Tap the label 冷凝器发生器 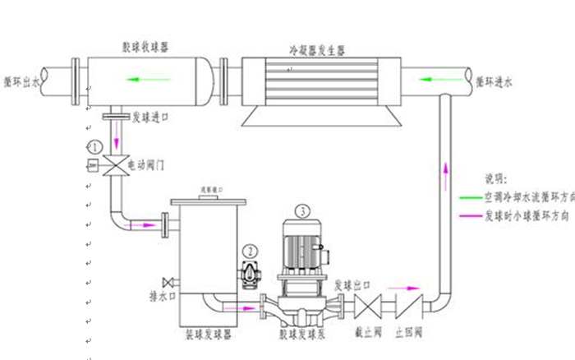click(317, 49)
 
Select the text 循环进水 click(494, 82)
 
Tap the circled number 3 click(305, 210)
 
